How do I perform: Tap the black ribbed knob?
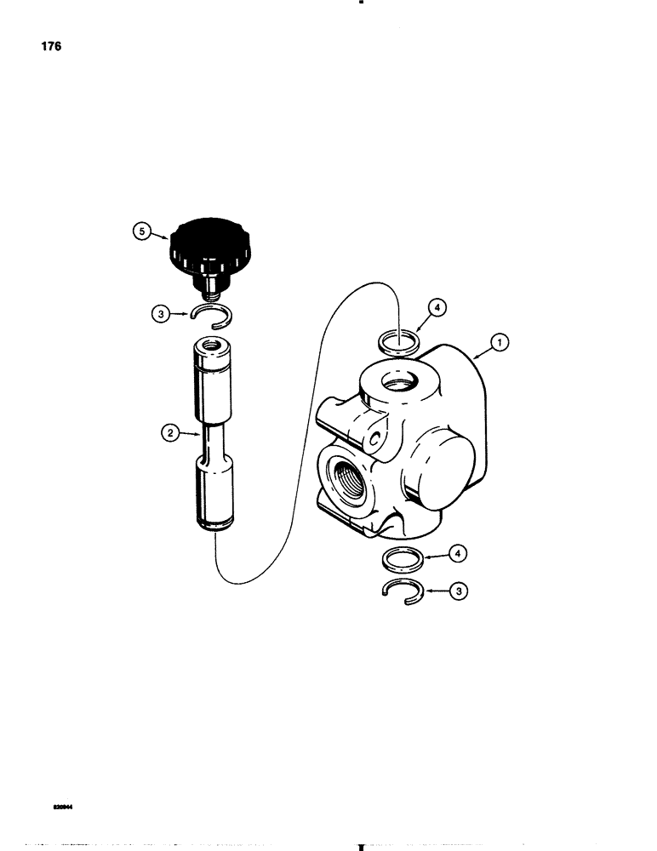click(x=207, y=243)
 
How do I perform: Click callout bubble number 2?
click(x=170, y=434)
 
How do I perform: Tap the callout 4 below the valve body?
click(x=458, y=556)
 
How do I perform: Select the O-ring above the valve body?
click(x=397, y=342)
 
